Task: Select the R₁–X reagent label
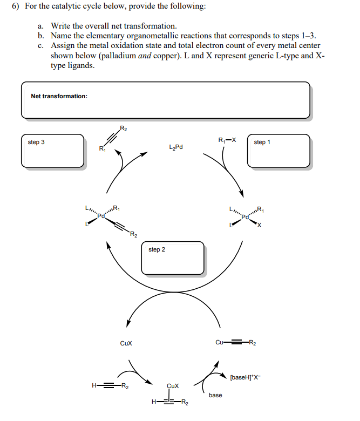(227, 140)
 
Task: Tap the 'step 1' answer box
(278, 151)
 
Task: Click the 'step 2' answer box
(173, 258)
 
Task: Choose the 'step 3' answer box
(52, 151)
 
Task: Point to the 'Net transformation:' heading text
(59, 96)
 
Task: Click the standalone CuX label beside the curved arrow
(126, 343)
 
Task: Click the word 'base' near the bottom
(215, 395)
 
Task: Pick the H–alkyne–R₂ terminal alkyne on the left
(111, 385)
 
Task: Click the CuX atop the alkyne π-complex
(173, 386)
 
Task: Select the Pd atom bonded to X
(246, 218)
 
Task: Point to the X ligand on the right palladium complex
(259, 226)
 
